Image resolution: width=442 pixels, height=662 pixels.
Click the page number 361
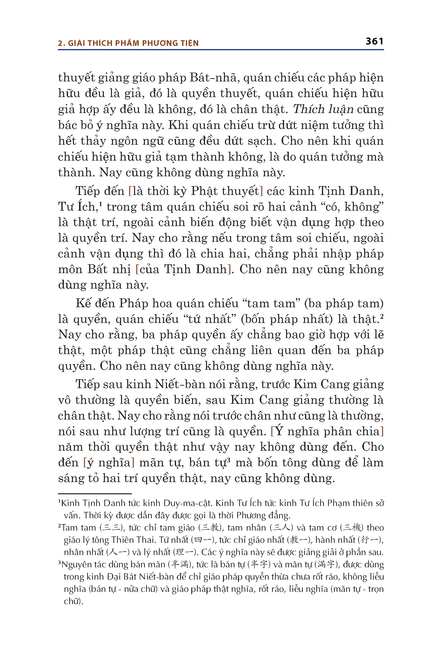374,41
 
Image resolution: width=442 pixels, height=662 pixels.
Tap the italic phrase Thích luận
323,109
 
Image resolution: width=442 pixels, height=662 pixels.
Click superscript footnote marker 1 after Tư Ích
100,204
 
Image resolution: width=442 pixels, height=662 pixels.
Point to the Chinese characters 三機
352,527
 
